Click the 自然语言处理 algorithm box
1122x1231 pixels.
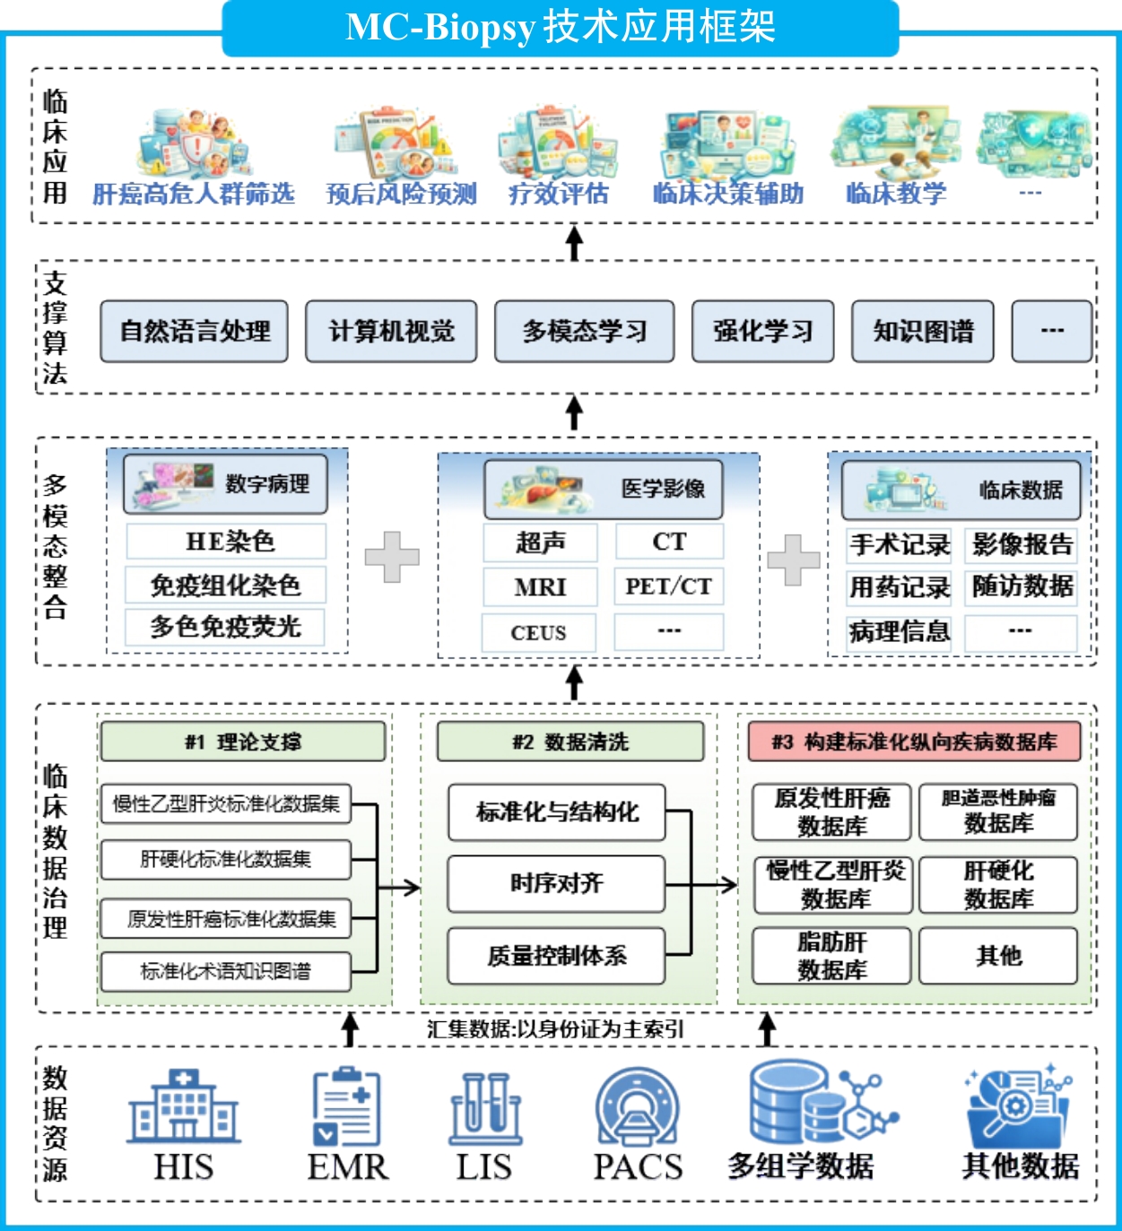coord(194,331)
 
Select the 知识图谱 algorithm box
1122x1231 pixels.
coord(922,331)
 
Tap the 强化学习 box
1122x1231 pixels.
coord(762,331)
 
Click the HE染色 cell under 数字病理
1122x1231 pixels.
coord(226,542)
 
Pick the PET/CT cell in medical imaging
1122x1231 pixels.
coord(668,586)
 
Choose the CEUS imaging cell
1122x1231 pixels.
coord(538,632)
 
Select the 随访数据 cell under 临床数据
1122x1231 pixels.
coord(1022,586)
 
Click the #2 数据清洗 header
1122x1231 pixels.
coord(570,741)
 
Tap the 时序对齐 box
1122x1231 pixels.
coord(556,884)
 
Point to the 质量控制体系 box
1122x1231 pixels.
coord(556,956)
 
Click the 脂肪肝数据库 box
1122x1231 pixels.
coord(831,956)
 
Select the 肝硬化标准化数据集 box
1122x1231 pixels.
coord(225,859)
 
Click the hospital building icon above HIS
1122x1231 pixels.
coord(183,1106)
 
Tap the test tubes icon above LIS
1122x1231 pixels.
coord(484,1108)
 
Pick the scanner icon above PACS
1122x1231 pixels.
coord(638,1106)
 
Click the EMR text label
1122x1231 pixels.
coord(347,1166)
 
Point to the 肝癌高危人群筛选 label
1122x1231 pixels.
coord(194,194)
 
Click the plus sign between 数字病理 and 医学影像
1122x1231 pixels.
coord(392,557)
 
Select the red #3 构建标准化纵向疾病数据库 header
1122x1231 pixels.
coord(914,741)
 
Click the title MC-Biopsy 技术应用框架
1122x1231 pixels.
coord(561,28)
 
